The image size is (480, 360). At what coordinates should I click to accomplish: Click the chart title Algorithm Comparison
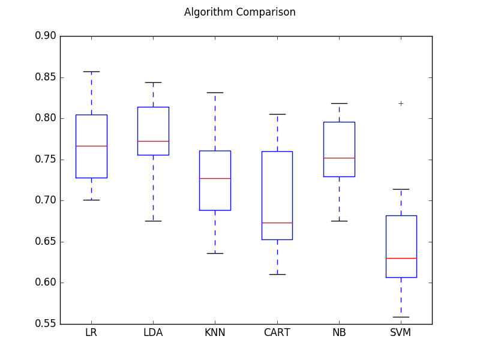(x=239, y=12)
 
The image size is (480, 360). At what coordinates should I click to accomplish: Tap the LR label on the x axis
(x=91, y=332)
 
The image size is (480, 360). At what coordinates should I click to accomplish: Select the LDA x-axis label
(x=153, y=332)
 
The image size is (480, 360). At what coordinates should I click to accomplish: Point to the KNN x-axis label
(x=215, y=332)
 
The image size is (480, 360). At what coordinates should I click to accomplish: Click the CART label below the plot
(x=277, y=332)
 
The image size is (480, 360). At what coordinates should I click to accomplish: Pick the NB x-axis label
(x=339, y=332)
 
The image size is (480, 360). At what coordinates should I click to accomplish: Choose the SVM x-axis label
(x=401, y=332)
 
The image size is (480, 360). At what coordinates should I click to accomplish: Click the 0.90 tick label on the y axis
(x=45, y=36)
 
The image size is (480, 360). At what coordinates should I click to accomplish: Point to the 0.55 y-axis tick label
(x=45, y=324)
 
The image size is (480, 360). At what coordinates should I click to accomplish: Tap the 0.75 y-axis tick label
(x=45, y=160)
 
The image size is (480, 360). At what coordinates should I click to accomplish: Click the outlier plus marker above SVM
(x=401, y=103)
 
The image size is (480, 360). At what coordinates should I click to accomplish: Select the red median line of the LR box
(x=91, y=146)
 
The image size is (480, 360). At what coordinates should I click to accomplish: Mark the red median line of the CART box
(x=277, y=223)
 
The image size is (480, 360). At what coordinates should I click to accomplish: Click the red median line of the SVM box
(x=401, y=258)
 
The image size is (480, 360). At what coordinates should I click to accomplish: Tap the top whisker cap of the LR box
(x=91, y=71)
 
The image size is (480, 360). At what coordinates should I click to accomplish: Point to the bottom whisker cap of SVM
(x=401, y=317)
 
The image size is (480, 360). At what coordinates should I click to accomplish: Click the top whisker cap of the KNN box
(x=215, y=92)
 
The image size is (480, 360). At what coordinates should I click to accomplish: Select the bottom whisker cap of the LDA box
(x=153, y=221)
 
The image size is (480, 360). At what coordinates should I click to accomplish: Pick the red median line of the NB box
(x=339, y=158)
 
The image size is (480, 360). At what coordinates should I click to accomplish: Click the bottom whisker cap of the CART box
(x=277, y=274)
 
